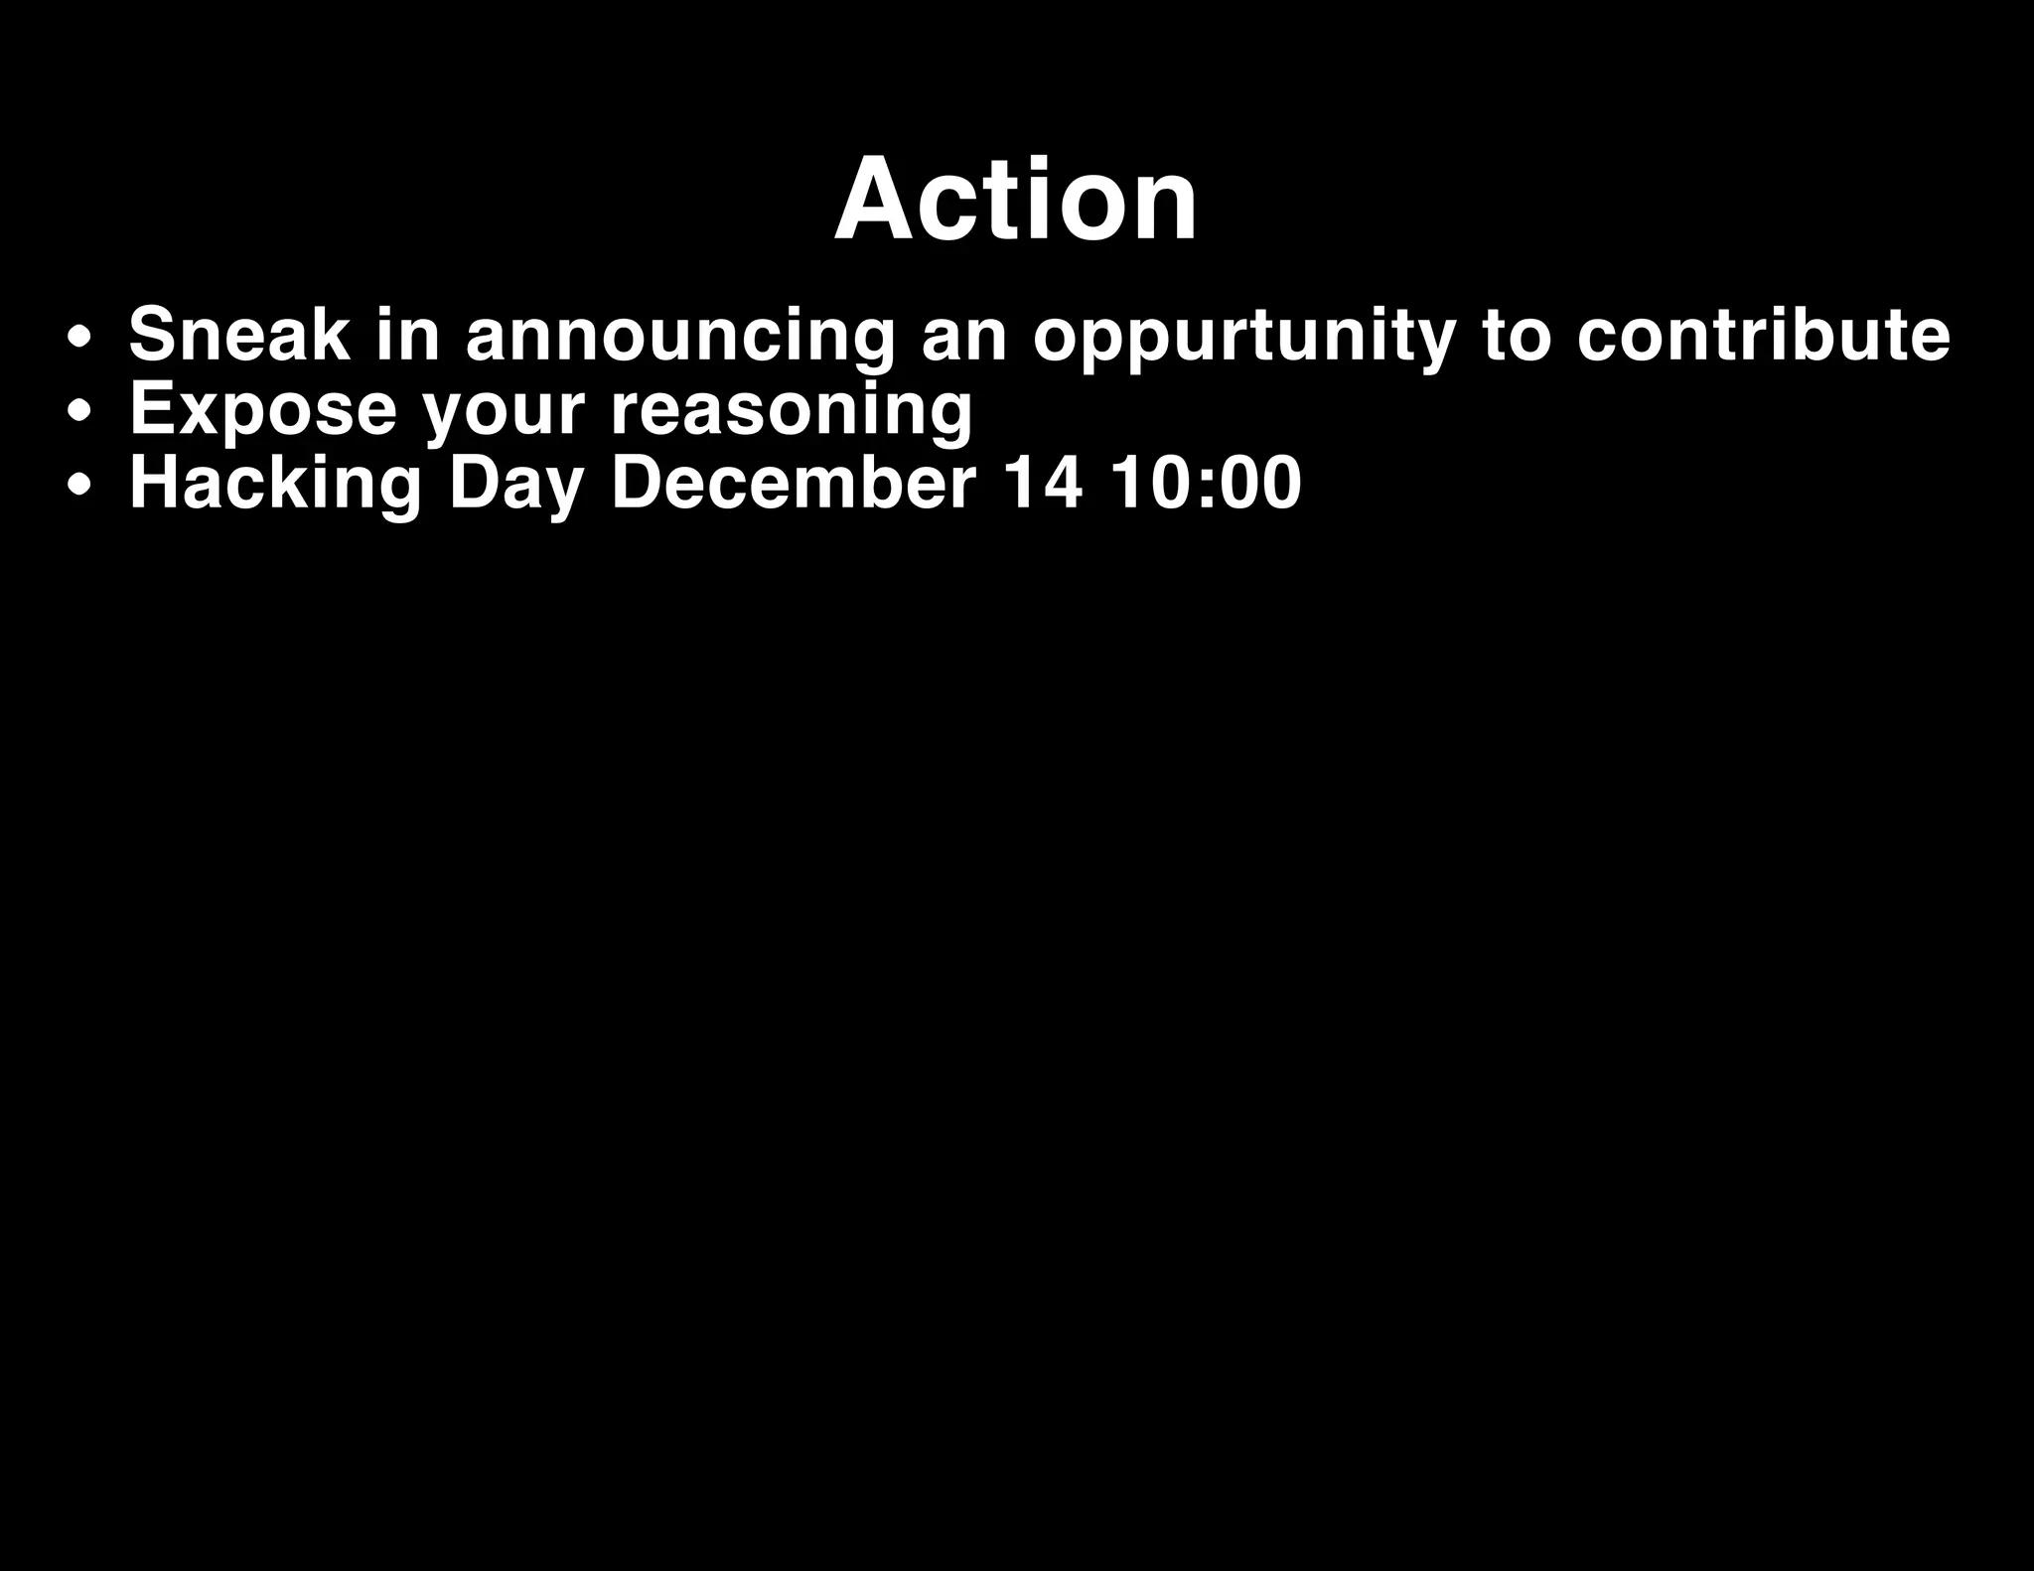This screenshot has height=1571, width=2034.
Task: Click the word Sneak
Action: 238,335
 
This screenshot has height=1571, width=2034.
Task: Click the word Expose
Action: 263,409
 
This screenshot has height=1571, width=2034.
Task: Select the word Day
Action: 515,485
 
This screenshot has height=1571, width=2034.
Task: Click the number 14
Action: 1042,483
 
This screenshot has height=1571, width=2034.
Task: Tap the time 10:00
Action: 1205,483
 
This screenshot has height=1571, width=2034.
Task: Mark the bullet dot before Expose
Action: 81,413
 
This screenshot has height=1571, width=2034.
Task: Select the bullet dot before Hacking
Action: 81,488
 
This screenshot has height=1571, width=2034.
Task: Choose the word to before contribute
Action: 1515,335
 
